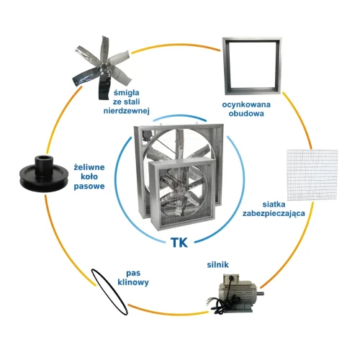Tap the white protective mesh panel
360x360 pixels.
point(312,175)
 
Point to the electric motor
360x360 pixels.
point(236,294)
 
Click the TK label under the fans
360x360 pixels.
point(179,243)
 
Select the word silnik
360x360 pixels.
point(217,265)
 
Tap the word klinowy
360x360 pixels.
point(133,282)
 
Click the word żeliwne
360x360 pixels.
point(89,167)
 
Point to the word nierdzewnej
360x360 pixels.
point(127,111)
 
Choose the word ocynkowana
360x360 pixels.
point(246,104)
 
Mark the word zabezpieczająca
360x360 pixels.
point(274,213)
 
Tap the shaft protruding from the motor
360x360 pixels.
point(261,293)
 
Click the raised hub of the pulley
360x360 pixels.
point(44,164)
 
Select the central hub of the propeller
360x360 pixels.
point(104,66)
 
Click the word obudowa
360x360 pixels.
point(246,114)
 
